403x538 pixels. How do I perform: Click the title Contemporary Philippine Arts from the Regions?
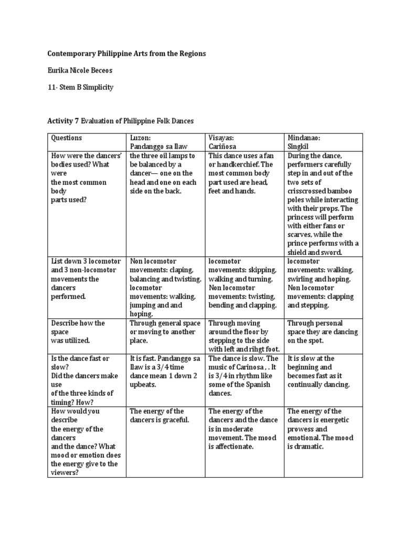126,54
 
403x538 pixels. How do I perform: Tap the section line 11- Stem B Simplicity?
80,87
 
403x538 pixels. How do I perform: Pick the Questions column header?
66,138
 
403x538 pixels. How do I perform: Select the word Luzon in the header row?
140,138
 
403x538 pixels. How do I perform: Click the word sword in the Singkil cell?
332,253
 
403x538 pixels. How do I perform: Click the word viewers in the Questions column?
65,473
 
